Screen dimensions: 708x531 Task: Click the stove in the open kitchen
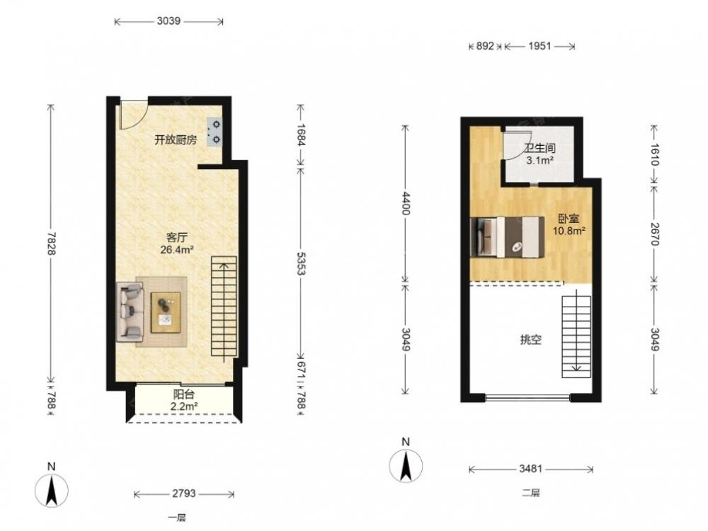point(215,132)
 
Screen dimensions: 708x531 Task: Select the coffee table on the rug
point(165,312)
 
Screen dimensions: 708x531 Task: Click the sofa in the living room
point(130,312)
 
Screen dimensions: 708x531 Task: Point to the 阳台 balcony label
point(183,395)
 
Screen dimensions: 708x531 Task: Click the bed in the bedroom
point(507,237)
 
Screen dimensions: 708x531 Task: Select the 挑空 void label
point(530,340)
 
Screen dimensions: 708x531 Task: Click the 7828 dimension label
point(51,244)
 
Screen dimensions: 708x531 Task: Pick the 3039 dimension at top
point(169,21)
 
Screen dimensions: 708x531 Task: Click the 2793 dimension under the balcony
point(184,493)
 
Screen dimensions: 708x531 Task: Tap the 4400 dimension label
point(406,202)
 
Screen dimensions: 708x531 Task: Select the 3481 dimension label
point(530,469)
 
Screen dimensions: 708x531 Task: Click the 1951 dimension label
point(539,45)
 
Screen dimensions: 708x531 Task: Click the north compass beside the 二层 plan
point(406,465)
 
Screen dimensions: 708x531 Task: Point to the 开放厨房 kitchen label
point(176,140)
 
